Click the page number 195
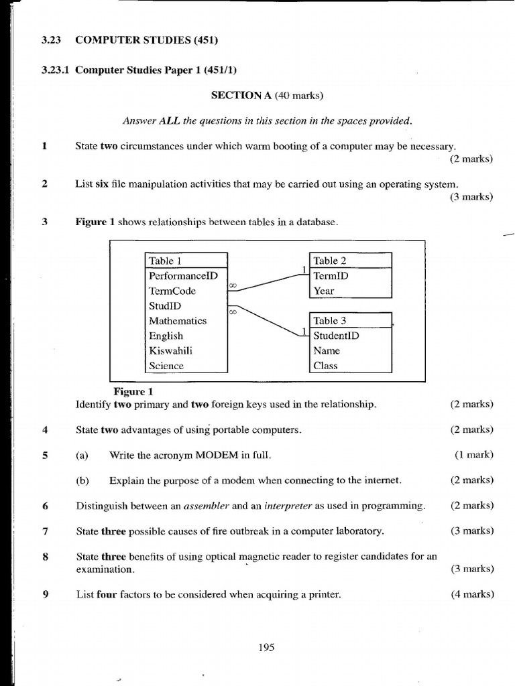coord(266,647)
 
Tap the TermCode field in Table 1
coord(172,291)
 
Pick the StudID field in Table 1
coord(165,306)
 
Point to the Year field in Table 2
coord(324,291)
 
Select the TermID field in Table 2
coord(331,275)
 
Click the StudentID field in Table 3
coord(336,336)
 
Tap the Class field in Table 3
coord(325,366)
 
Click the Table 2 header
coord(330,261)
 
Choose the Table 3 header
coord(330,321)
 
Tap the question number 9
coord(45,594)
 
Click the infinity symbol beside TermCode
coord(233,286)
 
